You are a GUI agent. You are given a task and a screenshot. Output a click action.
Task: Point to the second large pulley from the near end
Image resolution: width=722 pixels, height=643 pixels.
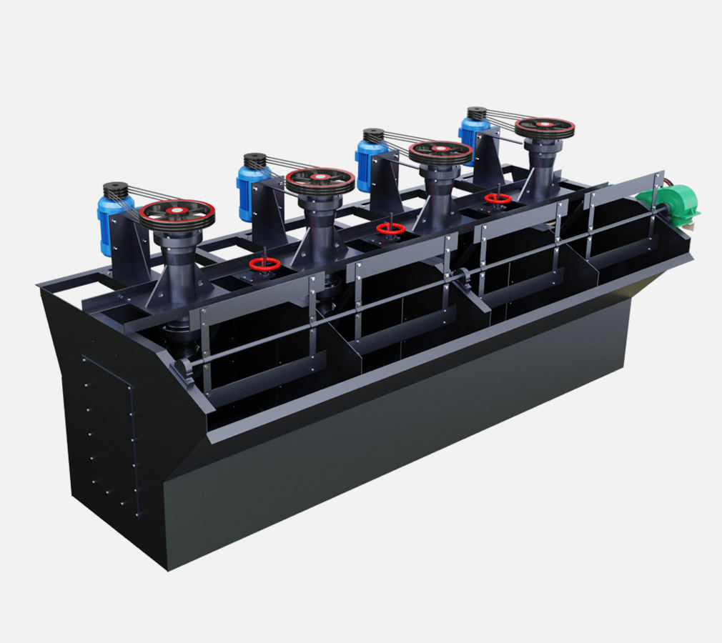[x=320, y=180]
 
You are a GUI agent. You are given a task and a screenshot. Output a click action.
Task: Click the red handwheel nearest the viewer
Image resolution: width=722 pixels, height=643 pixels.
[x=264, y=264]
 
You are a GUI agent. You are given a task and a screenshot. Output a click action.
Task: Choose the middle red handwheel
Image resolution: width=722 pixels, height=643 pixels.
[x=390, y=229]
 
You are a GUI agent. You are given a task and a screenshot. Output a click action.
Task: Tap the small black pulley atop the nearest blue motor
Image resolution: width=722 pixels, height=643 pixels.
[x=115, y=190]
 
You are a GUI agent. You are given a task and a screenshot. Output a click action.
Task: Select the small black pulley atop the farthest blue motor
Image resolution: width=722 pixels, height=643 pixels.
[x=476, y=113]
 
